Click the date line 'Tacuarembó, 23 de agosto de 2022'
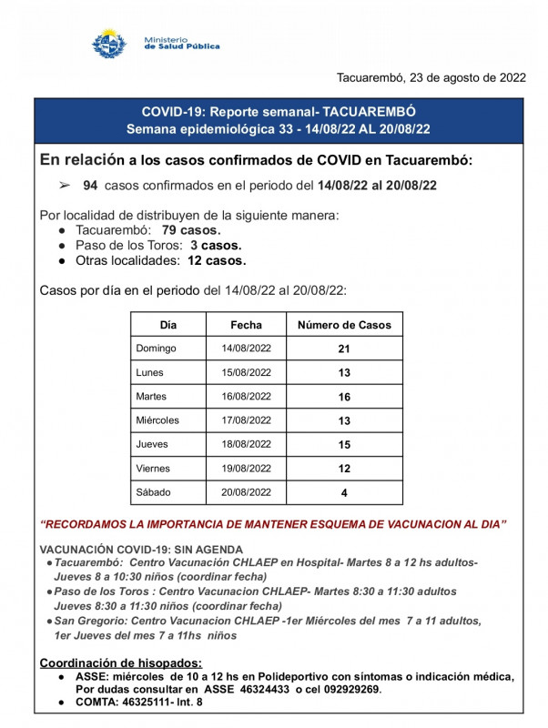[x=431, y=77]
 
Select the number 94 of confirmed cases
[x=90, y=185]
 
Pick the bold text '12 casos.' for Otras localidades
[x=217, y=260]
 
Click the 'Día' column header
[x=168, y=325]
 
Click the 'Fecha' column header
[x=246, y=325]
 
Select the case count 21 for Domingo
[x=343, y=349]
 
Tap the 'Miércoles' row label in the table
[x=157, y=420]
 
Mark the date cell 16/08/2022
[x=246, y=397]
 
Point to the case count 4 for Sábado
[x=343, y=493]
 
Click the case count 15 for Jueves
[x=343, y=445]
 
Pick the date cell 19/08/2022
[x=246, y=469]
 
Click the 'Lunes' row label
[x=150, y=372]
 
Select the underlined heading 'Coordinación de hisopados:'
[x=121, y=662]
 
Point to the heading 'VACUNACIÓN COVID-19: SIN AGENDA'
[x=141, y=549]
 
